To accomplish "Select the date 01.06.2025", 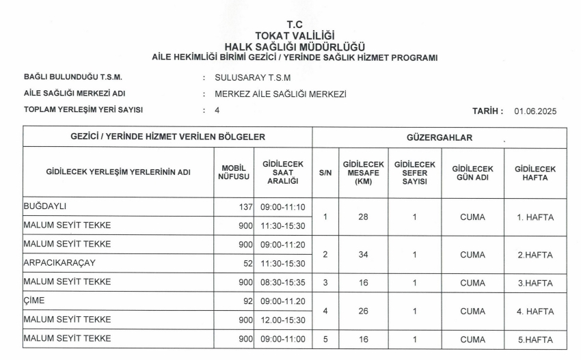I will [536, 111].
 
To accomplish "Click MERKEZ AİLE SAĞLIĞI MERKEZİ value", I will [280, 94].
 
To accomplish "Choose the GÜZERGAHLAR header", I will [440, 137].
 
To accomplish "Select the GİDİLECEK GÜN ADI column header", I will [472, 173].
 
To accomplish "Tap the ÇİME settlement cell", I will [34, 299].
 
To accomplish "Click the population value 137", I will [244, 207].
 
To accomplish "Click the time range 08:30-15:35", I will [284, 281].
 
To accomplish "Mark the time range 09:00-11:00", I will [284, 339].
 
